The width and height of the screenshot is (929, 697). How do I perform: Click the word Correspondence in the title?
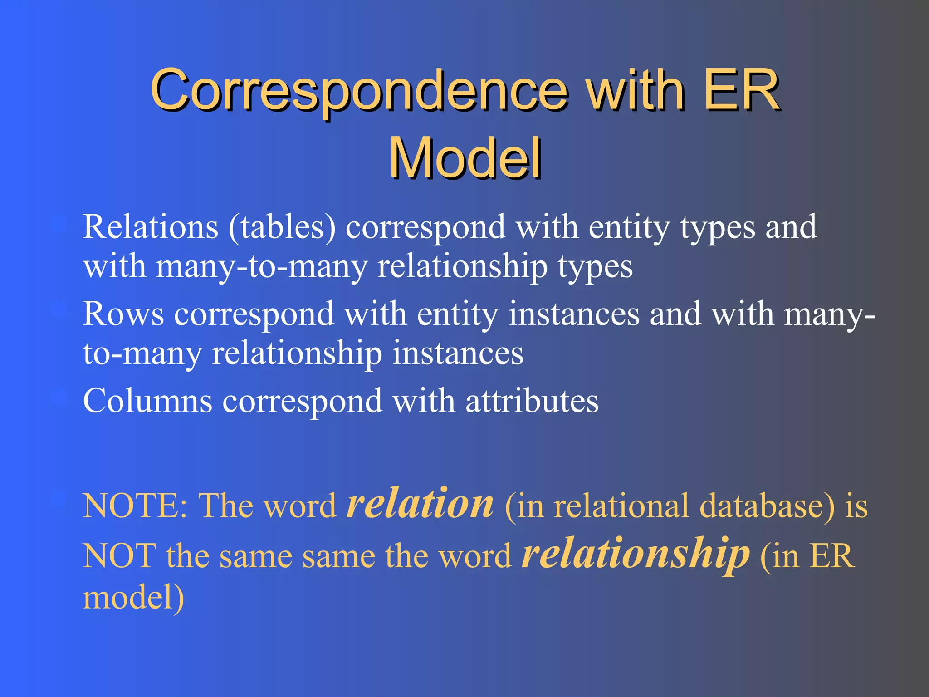point(358,91)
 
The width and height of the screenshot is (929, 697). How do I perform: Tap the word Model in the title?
point(465,159)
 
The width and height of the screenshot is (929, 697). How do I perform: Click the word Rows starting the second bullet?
point(123,314)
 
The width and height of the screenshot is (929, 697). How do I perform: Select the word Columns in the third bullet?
point(147,401)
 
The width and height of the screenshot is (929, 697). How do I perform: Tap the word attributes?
point(532,401)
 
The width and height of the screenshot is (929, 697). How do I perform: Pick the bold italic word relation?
point(420,504)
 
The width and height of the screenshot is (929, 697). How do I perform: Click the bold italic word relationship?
point(635,554)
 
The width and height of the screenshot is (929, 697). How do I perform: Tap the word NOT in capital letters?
point(119,556)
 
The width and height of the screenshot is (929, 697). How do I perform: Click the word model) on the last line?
point(133,598)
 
